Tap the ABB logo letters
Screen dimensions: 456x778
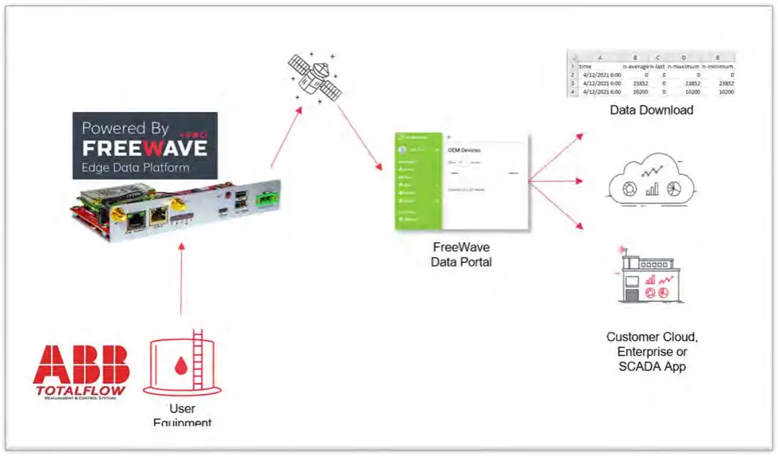point(81,365)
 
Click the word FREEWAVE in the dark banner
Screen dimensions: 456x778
point(145,148)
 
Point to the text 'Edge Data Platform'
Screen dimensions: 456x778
point(136,168)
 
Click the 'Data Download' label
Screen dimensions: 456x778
point(651,110)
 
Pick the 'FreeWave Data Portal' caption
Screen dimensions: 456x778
point(462,254)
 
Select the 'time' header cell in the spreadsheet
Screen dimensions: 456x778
point(585,67)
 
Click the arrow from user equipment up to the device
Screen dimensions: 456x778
point(182,278)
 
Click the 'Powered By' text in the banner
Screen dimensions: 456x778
point(125,127)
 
